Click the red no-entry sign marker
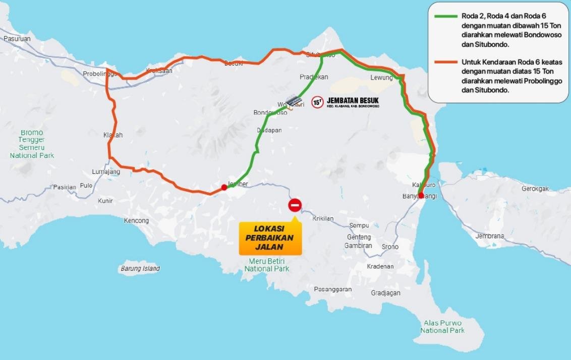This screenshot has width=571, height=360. [295, 205]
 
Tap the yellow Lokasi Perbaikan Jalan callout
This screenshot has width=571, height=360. [270, 238]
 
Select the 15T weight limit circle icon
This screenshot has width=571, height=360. [317, 102]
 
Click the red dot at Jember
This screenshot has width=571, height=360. [224, 187]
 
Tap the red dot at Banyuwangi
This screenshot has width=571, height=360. [421, 195]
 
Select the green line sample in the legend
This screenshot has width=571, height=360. [446, 16]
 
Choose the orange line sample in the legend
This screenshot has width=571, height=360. [446, 62]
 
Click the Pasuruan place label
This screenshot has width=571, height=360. [17, 38]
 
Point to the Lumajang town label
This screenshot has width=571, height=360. [106, 172]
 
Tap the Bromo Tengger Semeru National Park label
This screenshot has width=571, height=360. [32, 144]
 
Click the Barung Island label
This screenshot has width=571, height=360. [140, 269]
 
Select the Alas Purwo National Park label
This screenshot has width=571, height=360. [442, 326]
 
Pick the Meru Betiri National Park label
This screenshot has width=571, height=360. [267, 265]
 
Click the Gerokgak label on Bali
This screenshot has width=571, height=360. [536, 189]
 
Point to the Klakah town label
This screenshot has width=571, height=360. [113, 135]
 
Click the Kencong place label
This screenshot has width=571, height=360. [136, 221]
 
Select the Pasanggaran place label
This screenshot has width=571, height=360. [332, 289]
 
